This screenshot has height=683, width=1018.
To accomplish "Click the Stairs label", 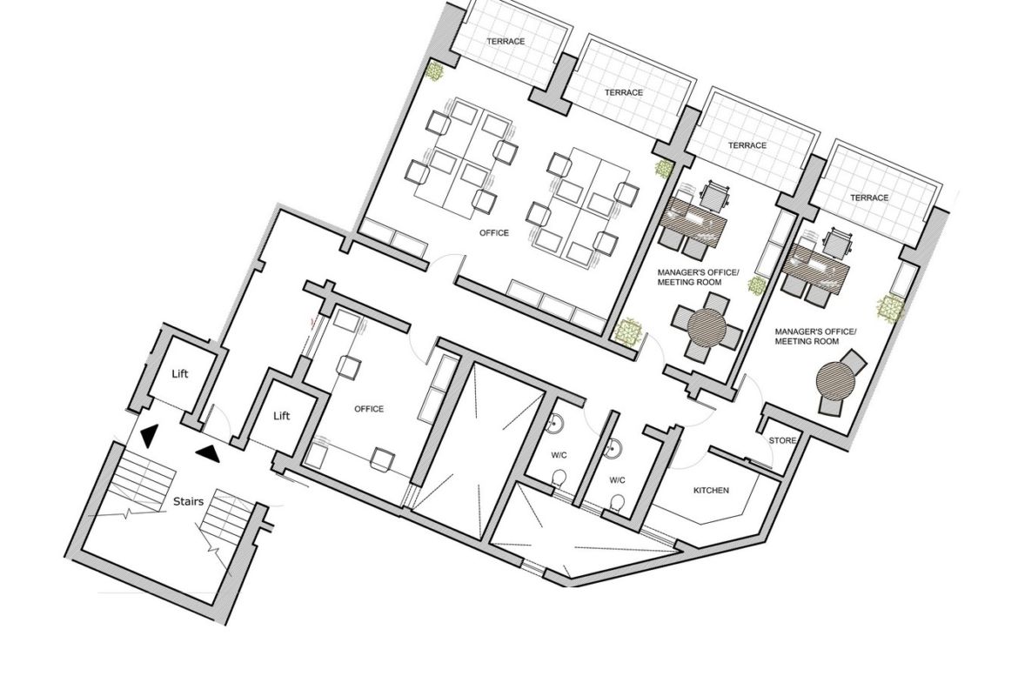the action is point(188,501).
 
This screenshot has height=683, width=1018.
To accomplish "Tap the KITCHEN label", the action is point(711,490).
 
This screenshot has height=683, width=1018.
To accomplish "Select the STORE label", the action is point(782,440).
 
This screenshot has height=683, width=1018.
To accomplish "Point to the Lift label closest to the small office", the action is point(281,416).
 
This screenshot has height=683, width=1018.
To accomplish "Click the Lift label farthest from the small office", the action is point(180,373).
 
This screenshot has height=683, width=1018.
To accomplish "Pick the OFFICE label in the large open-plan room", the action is point(494,232).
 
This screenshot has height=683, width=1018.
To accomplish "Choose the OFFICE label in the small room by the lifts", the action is point(369,408).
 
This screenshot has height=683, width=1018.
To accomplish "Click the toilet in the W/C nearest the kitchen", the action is point(618,503).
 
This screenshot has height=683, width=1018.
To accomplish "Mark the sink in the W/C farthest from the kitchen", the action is point(555,424).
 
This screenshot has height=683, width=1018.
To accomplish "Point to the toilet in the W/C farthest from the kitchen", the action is point(559,479).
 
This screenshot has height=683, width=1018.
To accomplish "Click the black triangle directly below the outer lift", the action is point(148,436).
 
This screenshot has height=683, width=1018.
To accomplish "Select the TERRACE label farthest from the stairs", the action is point(868,198).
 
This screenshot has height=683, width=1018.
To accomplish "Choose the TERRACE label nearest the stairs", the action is point(506,41).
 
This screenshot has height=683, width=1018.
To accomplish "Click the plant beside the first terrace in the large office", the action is point(434,70).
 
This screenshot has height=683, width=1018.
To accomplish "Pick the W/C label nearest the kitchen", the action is point(617,479).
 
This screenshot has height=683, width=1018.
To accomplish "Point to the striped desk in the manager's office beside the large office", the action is point(693,223).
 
